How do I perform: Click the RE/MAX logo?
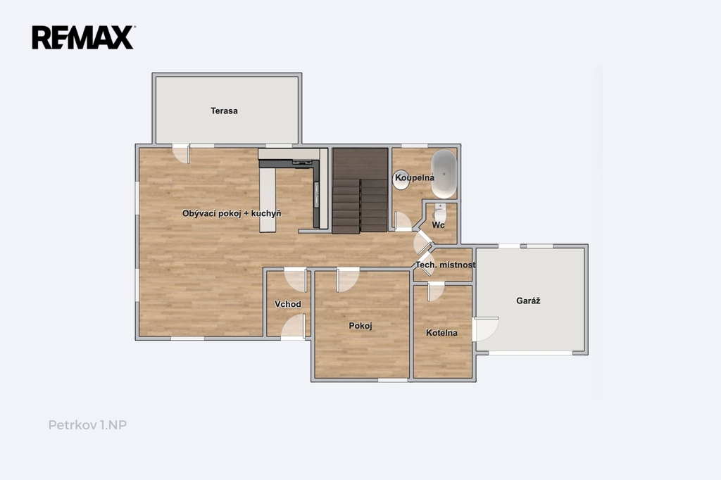click(x=83, y=37)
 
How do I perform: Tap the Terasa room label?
click(x=224, y=110)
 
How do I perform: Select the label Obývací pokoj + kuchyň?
click(x=231, y=213)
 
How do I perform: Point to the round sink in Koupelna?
click(x=401, y=179)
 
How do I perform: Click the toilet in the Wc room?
click(x=439, y=212)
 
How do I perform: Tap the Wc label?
click(x=438, y=225)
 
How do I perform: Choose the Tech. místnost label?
click(x=445, y=265)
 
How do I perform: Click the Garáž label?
click(x=528, y=301)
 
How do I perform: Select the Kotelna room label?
click(x=441, y=332)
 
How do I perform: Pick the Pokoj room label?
click(x=360, y=326)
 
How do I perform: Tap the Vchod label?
click(x=288, y=304)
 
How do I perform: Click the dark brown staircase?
click(x=360, y=190)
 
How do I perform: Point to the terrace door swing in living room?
click(x=181, y=154)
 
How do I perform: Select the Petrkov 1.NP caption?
click(x=87, y=425)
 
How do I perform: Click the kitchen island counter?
click(x=268, y=200)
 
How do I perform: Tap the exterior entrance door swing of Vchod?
click(x=293, y=327)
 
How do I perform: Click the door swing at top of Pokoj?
click(x=348, y=279)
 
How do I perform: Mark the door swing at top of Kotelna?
click(x=436, y=291)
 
